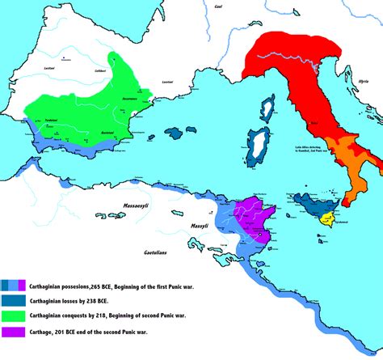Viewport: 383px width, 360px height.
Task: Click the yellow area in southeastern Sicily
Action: click(329, 217)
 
